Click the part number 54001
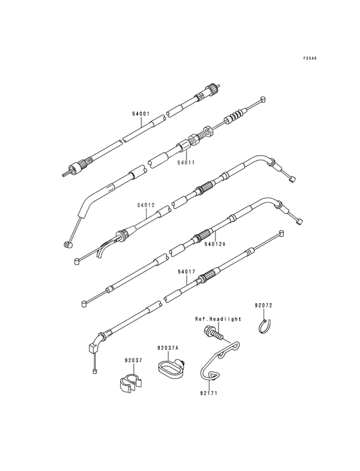(141, 114)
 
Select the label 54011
(186, 163)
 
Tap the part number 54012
(146, 205)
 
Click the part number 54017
(186, 272)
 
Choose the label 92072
(264, 306)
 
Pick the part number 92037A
(168, 348)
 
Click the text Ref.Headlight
(218, 319)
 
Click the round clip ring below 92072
(265, 326)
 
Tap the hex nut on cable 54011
(208, 131)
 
